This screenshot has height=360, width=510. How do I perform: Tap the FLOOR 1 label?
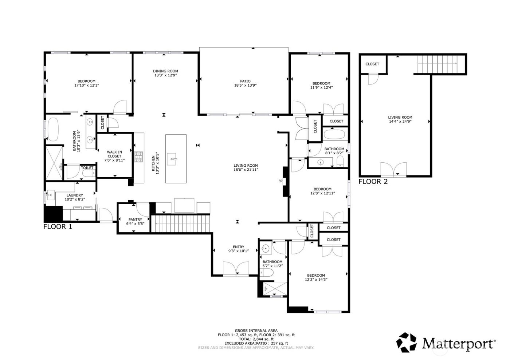point(58,227)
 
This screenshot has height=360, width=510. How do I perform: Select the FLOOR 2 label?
point(373,181)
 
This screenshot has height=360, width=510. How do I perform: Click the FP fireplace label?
point(280,181)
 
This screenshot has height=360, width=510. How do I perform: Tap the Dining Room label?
point(165,71)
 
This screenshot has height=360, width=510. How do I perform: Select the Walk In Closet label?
point(114,154)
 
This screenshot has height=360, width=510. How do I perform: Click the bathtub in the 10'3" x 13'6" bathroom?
point(54,129)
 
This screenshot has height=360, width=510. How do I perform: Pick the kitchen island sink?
point(172,158)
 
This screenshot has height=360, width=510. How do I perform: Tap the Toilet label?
point(87,168)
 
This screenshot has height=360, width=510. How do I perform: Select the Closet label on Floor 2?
point(372,64)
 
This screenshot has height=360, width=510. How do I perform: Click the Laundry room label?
point(74,195)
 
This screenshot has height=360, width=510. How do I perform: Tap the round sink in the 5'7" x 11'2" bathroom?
point(265,249)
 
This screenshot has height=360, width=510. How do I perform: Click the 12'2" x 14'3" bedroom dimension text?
point(316,280)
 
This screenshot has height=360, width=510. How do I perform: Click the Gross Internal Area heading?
point(256,331)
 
